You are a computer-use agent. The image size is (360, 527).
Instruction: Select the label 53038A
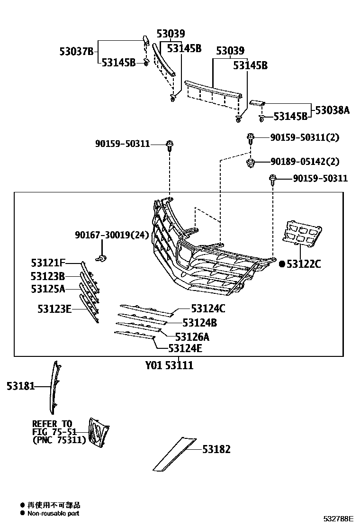pos(332,110)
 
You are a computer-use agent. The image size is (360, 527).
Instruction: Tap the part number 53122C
pos(304,264)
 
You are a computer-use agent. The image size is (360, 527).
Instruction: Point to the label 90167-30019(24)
pos(112,235)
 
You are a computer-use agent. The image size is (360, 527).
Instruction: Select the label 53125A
pos(48,288)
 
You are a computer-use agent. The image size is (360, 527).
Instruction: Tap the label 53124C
pos(208,309)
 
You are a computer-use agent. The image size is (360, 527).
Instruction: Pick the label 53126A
pos(192,336)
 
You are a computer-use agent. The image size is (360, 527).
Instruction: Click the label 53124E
pos(185,349)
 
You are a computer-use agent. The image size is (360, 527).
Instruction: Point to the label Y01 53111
pos(169,366)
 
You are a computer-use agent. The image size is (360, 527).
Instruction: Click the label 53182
pos(216,449)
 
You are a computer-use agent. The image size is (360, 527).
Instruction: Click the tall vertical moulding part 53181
pos(56,386)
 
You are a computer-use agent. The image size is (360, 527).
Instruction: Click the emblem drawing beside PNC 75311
pos(99,432)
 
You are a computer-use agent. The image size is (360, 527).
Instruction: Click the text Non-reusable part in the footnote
pos(53,513)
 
